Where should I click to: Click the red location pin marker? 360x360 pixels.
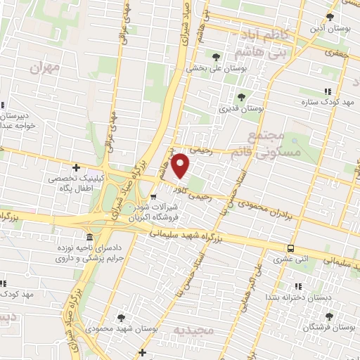pos(181,165)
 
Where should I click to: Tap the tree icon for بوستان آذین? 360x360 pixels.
pos(330,16)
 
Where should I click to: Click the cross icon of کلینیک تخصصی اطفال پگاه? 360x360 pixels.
pos(76,167)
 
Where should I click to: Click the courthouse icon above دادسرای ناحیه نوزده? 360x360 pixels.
pos(89,238)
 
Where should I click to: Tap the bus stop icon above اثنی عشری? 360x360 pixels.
pos(290,248)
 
